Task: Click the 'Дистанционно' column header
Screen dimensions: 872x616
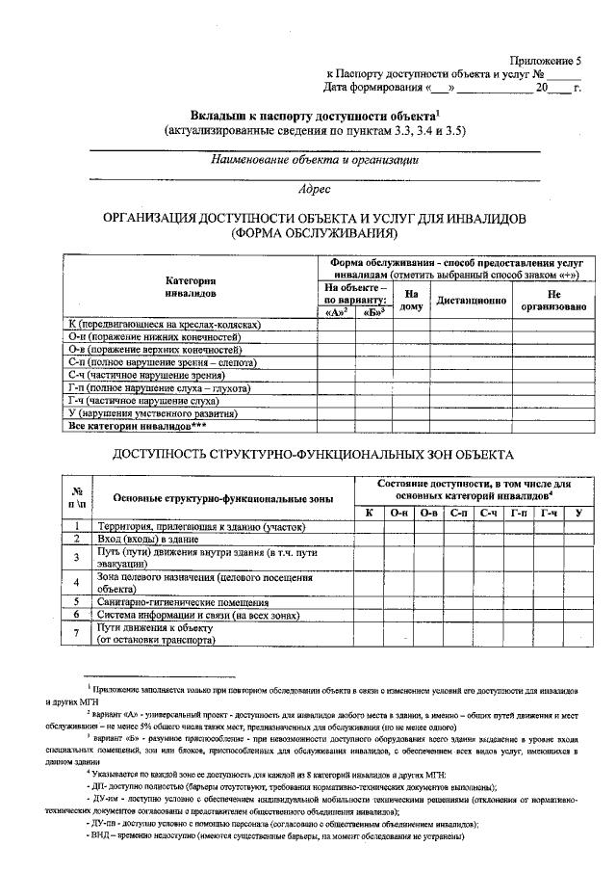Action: click(472, 300)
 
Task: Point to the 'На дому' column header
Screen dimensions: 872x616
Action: click(411, 300)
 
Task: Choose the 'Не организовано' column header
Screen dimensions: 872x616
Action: click(553, 300)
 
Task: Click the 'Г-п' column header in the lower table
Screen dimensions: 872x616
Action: click(521, 512)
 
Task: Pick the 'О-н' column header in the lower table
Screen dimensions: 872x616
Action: click(400, 512)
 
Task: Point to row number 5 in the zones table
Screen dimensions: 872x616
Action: click(75, 601)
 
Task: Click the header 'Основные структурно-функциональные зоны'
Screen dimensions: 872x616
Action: click(222, 498)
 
